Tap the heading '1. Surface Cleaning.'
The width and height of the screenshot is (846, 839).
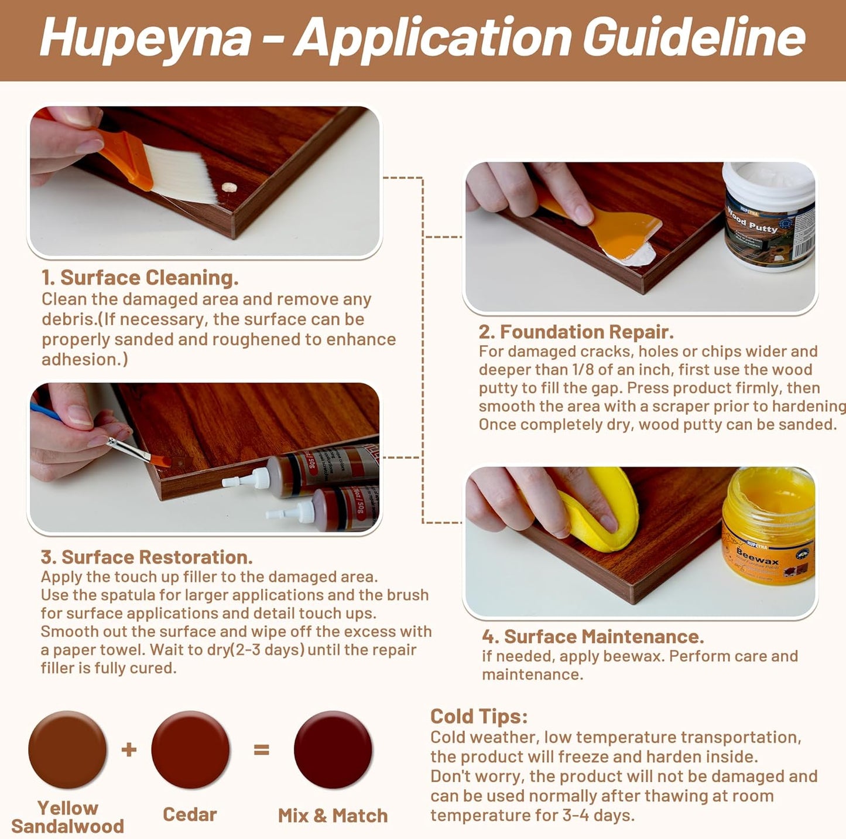pos(140,278)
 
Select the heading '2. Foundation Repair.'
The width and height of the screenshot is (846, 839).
pos(576,332)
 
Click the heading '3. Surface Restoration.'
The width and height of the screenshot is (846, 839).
pos(146,557)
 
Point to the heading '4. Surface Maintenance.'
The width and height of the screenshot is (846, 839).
pos(592,637)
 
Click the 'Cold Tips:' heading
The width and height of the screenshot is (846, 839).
pos(479,717)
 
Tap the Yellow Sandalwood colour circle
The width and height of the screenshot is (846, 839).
pos(67,749)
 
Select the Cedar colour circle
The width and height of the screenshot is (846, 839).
pos(190,749)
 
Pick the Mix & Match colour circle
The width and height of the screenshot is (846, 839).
pos(333,749)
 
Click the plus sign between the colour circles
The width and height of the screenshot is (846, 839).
pos(129,749)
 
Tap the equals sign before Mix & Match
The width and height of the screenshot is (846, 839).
pos(261,749)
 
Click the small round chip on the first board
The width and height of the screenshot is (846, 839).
pos(229,187)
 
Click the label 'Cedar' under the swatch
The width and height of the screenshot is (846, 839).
pos(190,814)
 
